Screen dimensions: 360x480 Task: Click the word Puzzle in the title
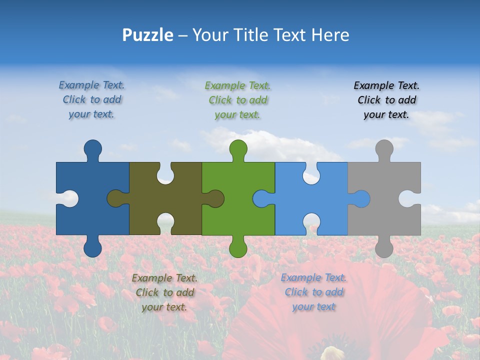point(148,35)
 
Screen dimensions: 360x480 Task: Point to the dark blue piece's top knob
point(93,149)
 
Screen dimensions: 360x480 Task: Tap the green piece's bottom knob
point(238,248)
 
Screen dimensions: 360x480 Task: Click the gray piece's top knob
point(384,149)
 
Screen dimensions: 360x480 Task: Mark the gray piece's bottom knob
point(384,248)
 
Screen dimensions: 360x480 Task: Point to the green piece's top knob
point(238,149)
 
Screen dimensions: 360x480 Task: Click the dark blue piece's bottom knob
point(93,248)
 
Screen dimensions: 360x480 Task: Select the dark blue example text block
point(91,99)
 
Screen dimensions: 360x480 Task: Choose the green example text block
point(237,100)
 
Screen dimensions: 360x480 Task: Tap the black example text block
point(386,100)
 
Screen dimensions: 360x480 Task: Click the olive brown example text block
point(164,292)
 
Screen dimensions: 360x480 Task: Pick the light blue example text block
point(313,292)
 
